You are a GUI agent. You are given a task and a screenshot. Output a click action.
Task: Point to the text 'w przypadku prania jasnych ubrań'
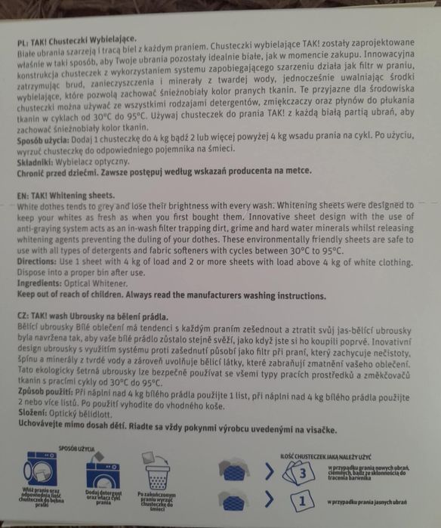(373, 502)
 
